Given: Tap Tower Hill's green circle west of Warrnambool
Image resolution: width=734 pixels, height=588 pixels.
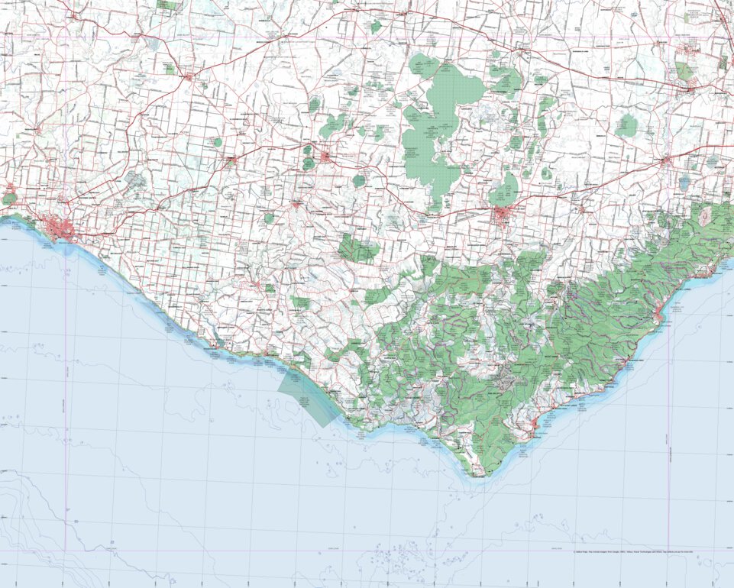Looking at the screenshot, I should coord(9,199).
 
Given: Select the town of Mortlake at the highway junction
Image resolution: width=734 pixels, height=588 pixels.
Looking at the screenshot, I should coord(189,76).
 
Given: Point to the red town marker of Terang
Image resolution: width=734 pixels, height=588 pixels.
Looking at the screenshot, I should coord(231,161).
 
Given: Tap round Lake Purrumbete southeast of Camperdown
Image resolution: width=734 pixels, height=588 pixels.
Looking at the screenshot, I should coord(359,181).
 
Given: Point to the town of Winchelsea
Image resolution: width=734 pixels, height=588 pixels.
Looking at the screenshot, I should coord(666,161).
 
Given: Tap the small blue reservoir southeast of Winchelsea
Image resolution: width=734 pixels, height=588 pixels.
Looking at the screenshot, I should coord(684,183).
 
